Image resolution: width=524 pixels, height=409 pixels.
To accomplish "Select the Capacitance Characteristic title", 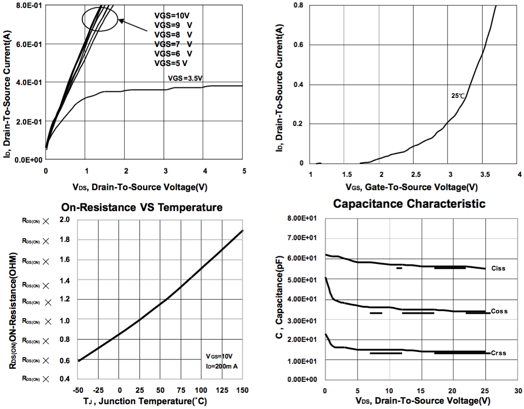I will tap(409, 204).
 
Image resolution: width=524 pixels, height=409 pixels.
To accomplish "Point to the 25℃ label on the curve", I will tap(457, 96).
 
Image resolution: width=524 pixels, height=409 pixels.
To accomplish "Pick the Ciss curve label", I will tap(498, 268).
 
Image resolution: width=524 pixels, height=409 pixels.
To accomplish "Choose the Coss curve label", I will tap(499, 312).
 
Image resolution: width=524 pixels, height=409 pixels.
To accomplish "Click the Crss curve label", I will tap(498, 353).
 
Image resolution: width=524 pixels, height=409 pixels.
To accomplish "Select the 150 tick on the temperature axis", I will tap(243, 390).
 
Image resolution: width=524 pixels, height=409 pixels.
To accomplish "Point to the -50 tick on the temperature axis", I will tap(78, 390).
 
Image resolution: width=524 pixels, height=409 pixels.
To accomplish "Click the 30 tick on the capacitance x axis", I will tap(518, 390).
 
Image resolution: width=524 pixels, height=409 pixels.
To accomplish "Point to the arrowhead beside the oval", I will tap(121, 20).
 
